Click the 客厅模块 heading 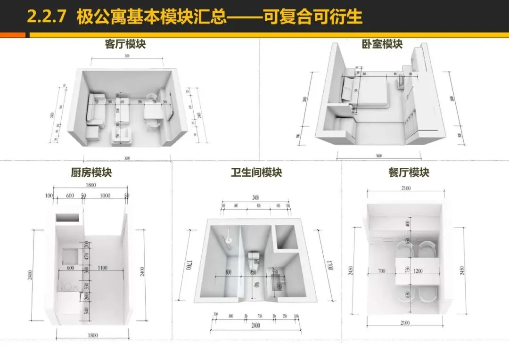click(125, 44)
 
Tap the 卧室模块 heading click(382, 44)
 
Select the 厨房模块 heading click(91, 173)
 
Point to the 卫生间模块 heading click(256, 173)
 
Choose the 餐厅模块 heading click(409, 173)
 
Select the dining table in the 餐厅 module click(417, 271)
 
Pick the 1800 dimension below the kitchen click(92, 335)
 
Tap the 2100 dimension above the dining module click(405, 188)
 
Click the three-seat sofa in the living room click(93, 107)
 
